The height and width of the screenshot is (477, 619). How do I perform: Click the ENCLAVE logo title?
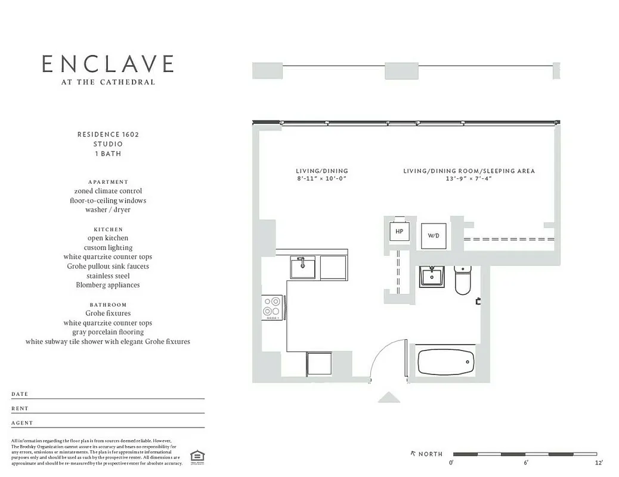(x=108, y=64)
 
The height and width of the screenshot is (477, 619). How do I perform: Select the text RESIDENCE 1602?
(x=108, y=135)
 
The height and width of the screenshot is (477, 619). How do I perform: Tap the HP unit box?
(x=400, y=231)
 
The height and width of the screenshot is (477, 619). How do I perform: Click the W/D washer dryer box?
(x=434, y=236)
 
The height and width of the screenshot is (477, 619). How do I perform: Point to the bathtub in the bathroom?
(x=446, y=362)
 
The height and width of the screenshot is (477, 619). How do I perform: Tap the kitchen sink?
(x=303, y=267)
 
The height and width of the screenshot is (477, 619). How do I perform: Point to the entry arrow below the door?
(x=389, y=397)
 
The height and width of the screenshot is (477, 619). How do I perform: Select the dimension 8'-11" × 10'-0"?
(x=321, y=179)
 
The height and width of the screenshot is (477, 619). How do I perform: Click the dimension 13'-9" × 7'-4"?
(x=469, y=179)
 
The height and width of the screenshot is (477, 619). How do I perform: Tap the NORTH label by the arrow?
(x=431, y=454)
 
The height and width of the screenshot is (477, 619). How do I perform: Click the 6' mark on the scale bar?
(x=526, y=463)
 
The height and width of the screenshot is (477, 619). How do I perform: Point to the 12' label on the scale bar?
(x=598, y=463)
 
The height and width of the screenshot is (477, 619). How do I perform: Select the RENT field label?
(x=20, y=408)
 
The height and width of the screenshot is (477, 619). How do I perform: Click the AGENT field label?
(x=22, y=423)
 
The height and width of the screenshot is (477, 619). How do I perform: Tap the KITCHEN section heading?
(x=108, y=229)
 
